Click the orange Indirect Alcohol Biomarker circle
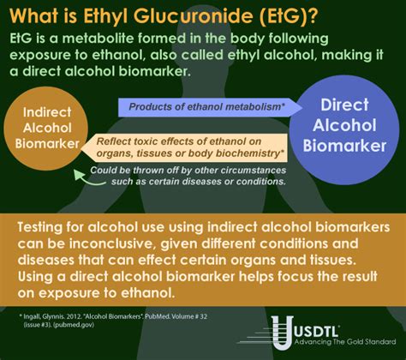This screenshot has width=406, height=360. (x=48, y=129)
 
